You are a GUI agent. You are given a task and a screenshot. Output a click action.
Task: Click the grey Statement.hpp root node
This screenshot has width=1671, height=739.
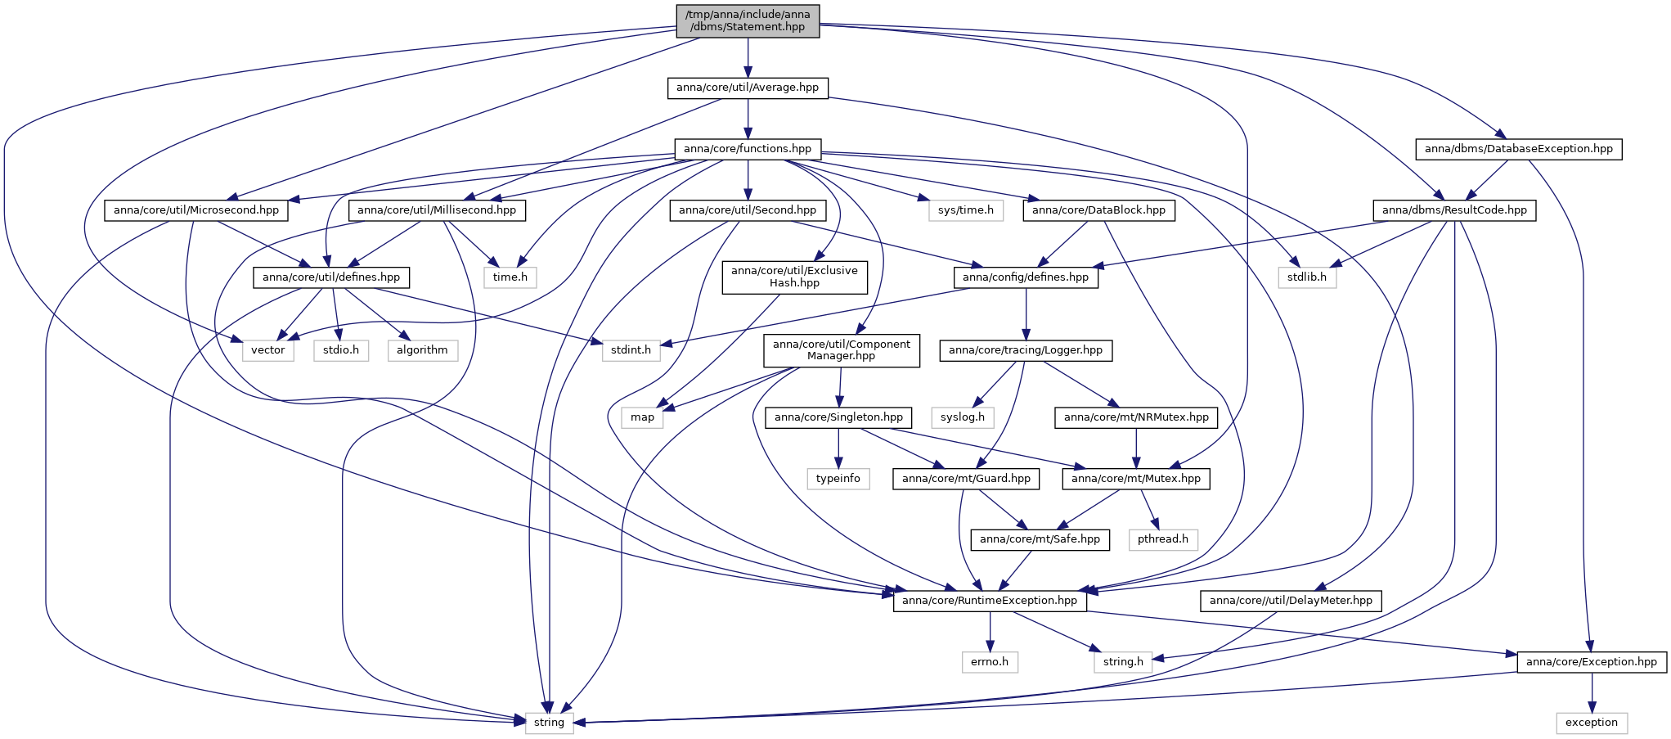(748, 20)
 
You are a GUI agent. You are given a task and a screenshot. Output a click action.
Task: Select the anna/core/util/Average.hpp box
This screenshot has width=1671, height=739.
(748, 88)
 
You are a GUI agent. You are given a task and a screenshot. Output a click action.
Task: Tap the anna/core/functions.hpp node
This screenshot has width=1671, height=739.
(748, 149)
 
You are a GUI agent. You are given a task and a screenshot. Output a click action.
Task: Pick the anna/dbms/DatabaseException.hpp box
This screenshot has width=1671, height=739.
(1519, 149)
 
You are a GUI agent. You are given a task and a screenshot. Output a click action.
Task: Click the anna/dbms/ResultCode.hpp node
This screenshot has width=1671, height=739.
(1454, 210)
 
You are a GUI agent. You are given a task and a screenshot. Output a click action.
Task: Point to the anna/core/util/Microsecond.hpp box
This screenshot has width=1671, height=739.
(196, 210)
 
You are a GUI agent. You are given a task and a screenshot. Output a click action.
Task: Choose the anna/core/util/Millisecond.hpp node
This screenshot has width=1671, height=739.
(437, 210)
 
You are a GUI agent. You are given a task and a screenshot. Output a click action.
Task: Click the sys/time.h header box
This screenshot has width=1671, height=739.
(966, 210)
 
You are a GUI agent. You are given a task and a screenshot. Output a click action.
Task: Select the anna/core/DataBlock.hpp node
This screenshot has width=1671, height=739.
(1098, 210)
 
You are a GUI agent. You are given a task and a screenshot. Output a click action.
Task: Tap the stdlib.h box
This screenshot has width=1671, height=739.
(1307, 277)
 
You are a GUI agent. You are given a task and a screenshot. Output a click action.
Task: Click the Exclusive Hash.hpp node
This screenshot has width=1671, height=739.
(794, 277)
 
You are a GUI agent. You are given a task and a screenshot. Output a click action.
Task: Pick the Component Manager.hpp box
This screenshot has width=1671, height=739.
(841, 350)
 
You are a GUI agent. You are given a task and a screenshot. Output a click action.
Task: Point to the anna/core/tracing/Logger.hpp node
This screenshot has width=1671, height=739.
(1026, 350)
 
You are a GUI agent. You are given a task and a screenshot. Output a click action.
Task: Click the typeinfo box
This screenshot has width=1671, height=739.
(838, 479)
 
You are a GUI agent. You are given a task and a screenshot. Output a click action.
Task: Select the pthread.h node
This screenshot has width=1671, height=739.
(1163, 539)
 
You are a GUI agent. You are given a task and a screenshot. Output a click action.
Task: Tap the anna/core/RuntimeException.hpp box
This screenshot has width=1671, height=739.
(990, 601)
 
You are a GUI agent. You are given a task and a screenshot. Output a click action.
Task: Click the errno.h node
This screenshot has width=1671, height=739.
(990, 662)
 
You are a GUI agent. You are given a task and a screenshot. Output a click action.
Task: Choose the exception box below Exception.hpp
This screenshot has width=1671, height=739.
(1592, 723)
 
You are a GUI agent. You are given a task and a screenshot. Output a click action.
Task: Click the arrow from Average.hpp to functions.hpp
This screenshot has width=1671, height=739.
(748, 119)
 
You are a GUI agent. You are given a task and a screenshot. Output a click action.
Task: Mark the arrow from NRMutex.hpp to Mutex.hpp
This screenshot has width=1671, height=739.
(1136, 448)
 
